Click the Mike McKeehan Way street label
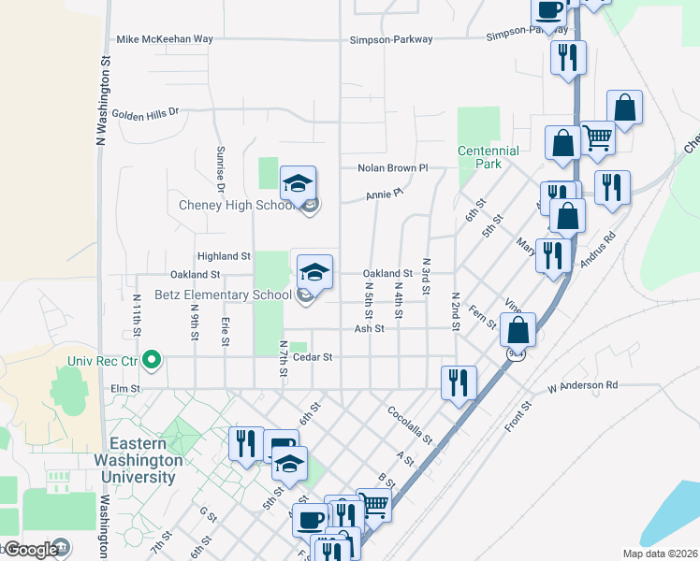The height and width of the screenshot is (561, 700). pos(165,39)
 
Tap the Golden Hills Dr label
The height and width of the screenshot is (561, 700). pos(144,113)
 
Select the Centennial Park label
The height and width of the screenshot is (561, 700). pos(489,157)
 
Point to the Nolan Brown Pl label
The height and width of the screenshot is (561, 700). pos(392,168)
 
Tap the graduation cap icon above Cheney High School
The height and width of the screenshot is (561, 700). pos(298,183)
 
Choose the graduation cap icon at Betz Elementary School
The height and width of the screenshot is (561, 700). pos(314,271)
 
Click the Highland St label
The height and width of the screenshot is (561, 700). pos(224,255)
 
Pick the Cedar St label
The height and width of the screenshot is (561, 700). pos(314,356)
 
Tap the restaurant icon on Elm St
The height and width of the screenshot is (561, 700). pos(459,381)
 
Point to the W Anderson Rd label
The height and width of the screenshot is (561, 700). pos(583,385)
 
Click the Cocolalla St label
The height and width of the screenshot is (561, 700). pos(410,424)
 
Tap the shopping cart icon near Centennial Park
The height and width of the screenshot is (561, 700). pos(597,138)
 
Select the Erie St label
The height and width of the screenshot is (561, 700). pos(226,329)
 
